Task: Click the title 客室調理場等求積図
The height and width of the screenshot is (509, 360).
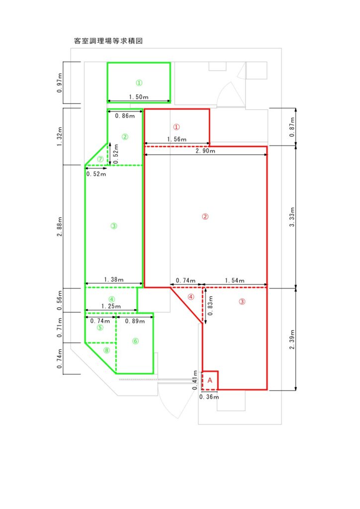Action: click(x=108, y=41)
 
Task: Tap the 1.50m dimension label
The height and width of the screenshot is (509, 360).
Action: click(x=139, y=97)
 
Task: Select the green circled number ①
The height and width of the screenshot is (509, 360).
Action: click(x=139, y=83)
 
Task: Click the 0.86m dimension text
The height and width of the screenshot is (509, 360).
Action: click(x=125, y=116)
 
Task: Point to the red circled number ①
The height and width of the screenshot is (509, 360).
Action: click(x=176, y=127)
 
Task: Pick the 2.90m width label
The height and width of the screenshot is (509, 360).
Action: click(x=205, y=151)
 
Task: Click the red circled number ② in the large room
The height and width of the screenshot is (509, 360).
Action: click(x=205, y=217)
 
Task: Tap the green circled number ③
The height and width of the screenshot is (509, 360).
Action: click(x=114, y=226)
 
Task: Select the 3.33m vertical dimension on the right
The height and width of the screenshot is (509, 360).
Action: click(x=292, y=217)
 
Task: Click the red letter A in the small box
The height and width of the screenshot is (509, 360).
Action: click(x=210, y=380)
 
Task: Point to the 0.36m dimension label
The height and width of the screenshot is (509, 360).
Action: click(x=209, y=397)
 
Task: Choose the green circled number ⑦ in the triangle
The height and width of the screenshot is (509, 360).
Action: click(x=100, y=159)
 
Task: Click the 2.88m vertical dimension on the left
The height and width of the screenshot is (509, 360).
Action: click(x=59, y=227)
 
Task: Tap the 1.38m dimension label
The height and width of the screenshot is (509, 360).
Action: click(x=113, y=279)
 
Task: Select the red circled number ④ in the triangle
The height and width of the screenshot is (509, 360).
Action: click(x=191, y=297)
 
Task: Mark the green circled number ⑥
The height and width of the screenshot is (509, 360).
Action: click(x=136, y=341)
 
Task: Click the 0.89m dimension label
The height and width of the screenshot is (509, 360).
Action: click(x=135, y=321)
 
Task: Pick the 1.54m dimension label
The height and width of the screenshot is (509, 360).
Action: click(x=235, y=280)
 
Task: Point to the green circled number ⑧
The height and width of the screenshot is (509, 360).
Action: click(x=106, y=350)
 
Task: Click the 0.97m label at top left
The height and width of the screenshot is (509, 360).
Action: click(x=59, y=83)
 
